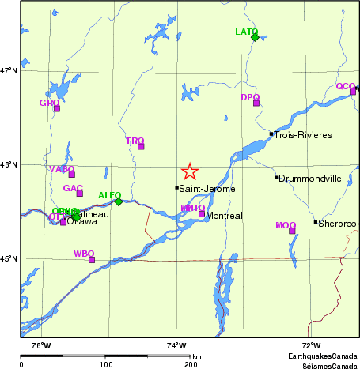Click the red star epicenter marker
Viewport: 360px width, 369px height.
pos(189,171)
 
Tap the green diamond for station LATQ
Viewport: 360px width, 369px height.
pos(255,37)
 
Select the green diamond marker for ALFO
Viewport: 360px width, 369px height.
pos(118,201)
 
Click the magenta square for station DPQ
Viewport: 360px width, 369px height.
pos(256,103)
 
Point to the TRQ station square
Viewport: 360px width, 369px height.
pos(141,146)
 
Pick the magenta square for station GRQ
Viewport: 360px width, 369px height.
pos(56,108)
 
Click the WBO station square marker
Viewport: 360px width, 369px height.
pos(92,259)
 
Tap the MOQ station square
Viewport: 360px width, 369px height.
pos(292,231)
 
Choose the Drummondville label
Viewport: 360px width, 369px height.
pos(310,179)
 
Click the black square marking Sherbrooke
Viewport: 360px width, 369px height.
pos(316,222)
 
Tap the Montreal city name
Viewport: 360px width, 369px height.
pos(224,216)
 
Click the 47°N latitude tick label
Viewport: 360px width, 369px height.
pos(9,71)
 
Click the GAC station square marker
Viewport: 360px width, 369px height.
pos(79,194)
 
